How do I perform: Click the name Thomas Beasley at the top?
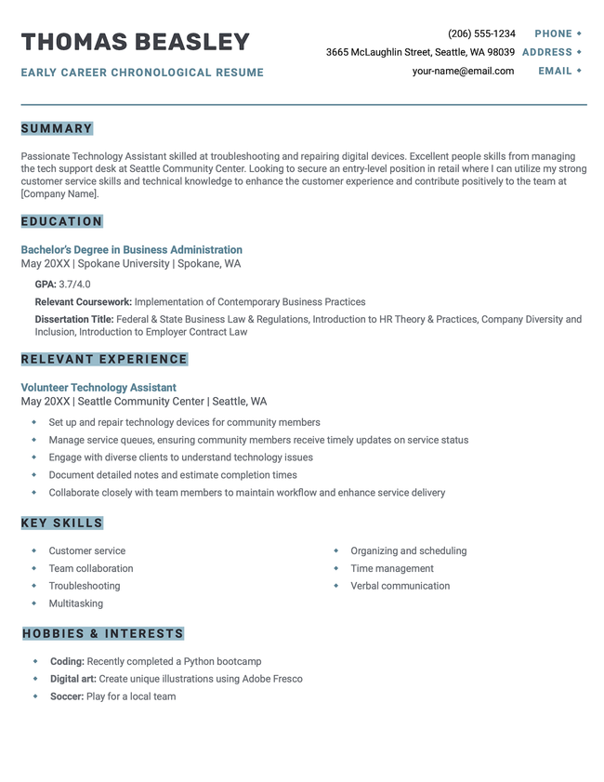(136, 42)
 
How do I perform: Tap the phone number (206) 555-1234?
(481, 33)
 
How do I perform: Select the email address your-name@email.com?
(463, 71)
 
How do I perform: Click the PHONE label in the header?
(553, 33)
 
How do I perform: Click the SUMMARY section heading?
(57, 128)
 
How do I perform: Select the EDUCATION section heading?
(61, 221)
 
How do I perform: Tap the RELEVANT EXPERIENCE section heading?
(104, 359)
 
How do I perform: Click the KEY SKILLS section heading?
(61, 524)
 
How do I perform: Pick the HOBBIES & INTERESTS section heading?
(103, 634)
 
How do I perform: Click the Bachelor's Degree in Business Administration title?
(131, 250)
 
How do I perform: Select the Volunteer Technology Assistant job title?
(98, 388)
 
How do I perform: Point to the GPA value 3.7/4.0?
(74, 285)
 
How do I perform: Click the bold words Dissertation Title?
(73, 319)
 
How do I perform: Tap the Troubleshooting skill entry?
(85, 586)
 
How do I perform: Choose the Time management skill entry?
(392, 568)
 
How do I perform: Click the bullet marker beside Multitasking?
(33, 603)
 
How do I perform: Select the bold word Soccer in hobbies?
(66, 696)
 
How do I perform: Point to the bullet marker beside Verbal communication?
(335, 586)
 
